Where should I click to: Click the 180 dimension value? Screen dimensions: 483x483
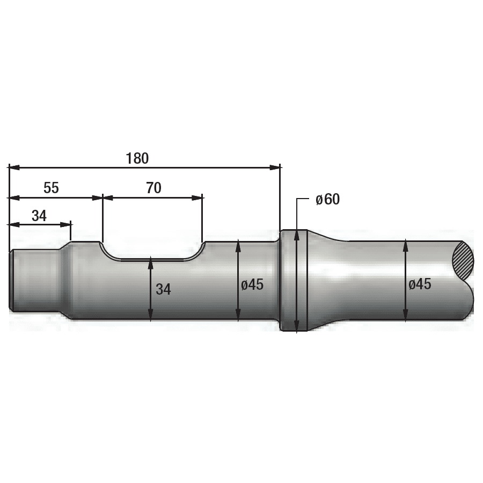[137, 158]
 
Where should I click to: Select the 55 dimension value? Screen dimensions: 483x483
[51, 188]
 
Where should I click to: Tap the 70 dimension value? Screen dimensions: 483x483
[153, 188]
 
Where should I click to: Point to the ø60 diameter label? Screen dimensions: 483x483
[328, 199]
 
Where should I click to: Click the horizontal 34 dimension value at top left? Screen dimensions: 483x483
[39, 216]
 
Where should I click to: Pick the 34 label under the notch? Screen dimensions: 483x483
[163, 289]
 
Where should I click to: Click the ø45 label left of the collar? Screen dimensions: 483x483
[252, 284]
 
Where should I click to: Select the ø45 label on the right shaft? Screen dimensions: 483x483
[420, 284]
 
